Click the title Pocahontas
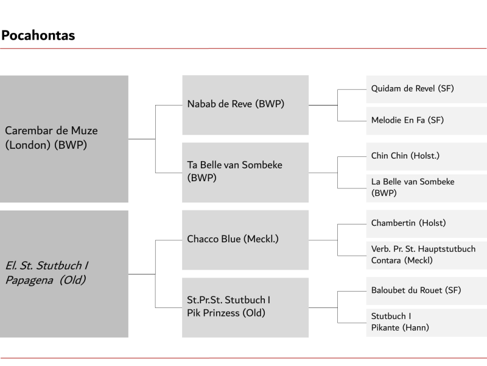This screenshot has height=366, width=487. [x=38, y=35]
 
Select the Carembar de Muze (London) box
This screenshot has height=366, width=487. [x=64, y=139]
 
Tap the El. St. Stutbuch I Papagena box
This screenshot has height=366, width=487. [x=64, y=274]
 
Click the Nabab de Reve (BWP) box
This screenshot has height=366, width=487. [x=245, y=105]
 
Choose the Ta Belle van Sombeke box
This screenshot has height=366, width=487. [x=245, y=173]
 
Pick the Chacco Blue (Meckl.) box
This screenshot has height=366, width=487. [x=245, y=240]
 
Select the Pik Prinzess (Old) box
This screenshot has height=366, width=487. [x=245, y=307]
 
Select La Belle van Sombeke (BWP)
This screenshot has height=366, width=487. [x=427, y=188]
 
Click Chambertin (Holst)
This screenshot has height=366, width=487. [x=427, y=224]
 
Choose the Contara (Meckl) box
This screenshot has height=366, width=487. [x=427, y=256]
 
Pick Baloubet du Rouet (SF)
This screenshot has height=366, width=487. [x=427, y=291]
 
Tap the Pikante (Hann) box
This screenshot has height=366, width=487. [x=427, y=323]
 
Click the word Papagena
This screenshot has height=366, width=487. [x=29, y=281]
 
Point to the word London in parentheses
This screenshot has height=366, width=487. [x=27, y=145]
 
